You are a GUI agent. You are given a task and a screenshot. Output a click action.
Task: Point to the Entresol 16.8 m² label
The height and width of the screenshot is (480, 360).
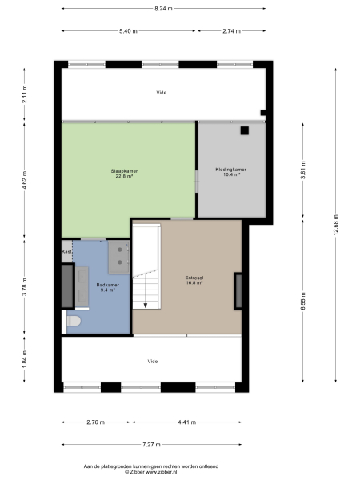[194, 279]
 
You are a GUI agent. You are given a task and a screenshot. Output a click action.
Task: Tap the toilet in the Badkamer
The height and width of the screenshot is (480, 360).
[74, 321]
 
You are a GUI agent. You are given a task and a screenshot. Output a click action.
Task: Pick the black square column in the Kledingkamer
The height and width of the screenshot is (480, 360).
[246, 130]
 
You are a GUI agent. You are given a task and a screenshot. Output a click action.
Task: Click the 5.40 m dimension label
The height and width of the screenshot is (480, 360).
[129, 31]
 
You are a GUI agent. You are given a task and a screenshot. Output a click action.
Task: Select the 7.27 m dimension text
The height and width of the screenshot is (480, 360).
[151, 445]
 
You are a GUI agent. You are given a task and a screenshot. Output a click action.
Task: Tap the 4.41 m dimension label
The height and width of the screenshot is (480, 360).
[186, 422]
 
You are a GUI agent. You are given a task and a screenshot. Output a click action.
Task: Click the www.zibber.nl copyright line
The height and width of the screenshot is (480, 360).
[151, 470]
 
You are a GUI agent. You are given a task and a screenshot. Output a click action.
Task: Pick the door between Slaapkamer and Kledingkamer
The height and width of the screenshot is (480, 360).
[197, 181]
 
